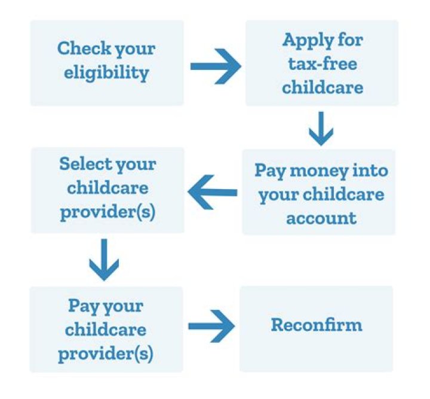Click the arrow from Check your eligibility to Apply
click(x=215, y=66)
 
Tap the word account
click(x=321, y=217)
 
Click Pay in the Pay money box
click(x=269, y=170)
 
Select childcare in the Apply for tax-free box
click(x=322, y=88)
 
